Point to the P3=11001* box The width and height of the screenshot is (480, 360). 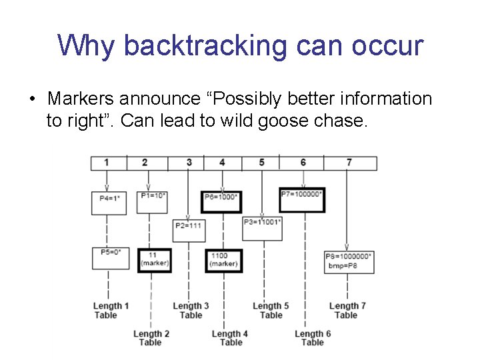(262, 227)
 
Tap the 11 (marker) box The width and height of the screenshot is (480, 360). (155, 261)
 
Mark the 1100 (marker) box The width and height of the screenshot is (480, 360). (223, 261)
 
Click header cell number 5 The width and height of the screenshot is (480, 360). (261, 163)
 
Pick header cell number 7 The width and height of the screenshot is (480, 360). (349, 163)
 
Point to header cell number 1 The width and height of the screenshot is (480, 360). (107, 163)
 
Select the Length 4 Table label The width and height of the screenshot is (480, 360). (230, 338)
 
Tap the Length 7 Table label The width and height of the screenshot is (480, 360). (347, 311)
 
